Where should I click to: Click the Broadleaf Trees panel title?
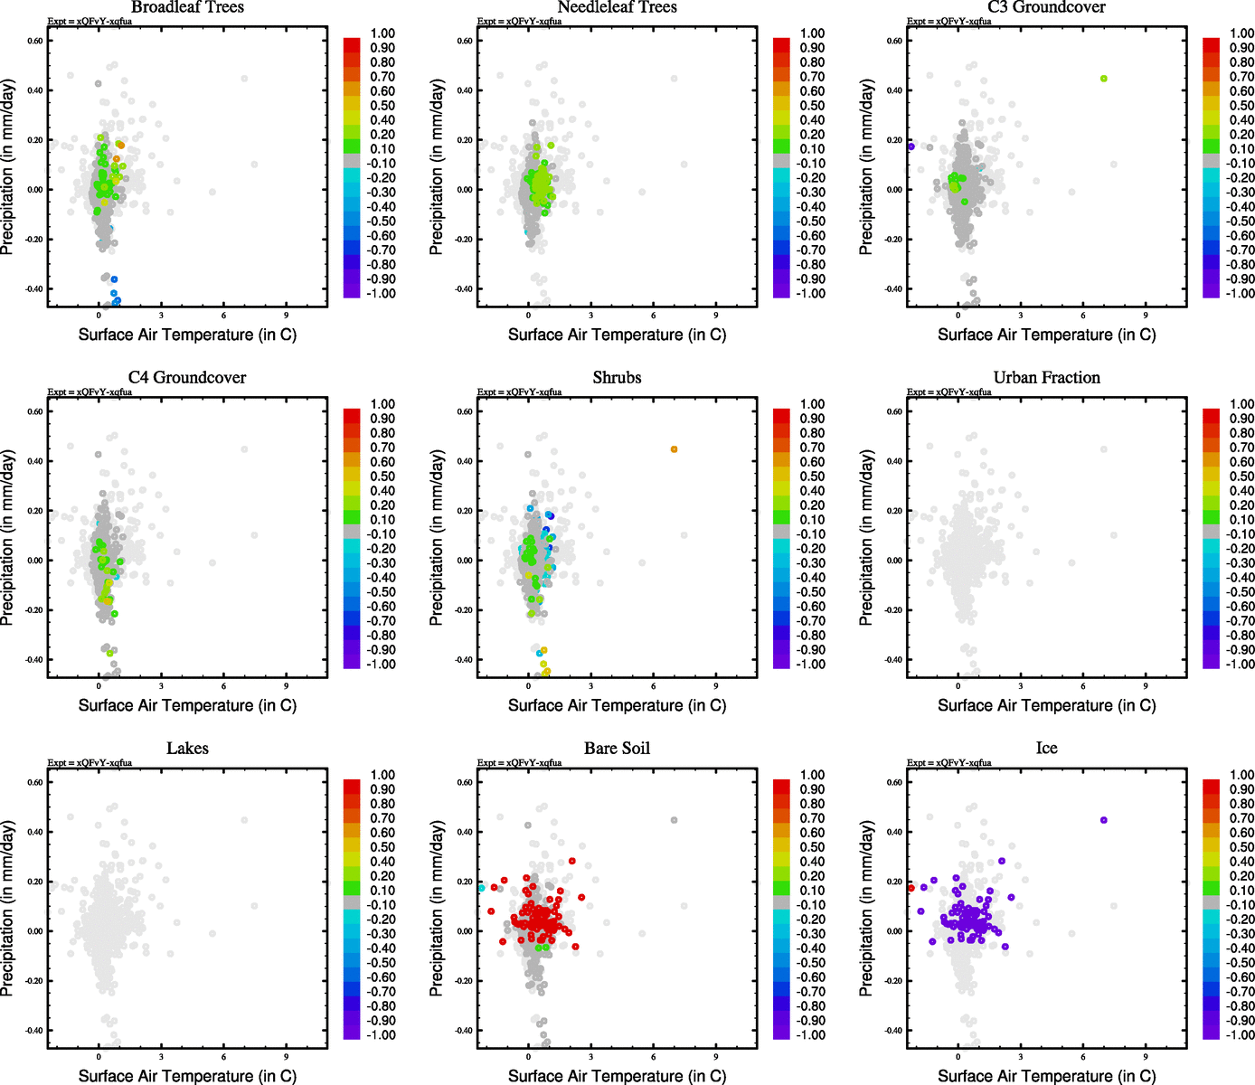point(187,7)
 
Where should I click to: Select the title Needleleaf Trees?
point(617,7)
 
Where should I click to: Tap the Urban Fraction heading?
point(1046,378)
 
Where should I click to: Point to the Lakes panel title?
point(187,749)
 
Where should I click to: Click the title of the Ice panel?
point(1046,749)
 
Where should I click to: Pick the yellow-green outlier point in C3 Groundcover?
point(1103,79)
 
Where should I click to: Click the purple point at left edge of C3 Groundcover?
point(911,146)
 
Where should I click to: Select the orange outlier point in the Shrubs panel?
point(674,449)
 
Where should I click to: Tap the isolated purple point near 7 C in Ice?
point(1103,820)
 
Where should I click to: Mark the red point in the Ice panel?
point(911,888)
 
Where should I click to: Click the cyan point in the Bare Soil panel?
point(481,888)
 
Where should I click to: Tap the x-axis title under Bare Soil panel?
point(617,1076)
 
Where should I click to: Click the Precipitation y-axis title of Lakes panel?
point(8,909)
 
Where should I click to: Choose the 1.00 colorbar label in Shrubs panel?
point(812,404)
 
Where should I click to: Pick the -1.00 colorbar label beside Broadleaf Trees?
point(381,294)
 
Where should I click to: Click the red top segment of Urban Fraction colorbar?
point(1211,415)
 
